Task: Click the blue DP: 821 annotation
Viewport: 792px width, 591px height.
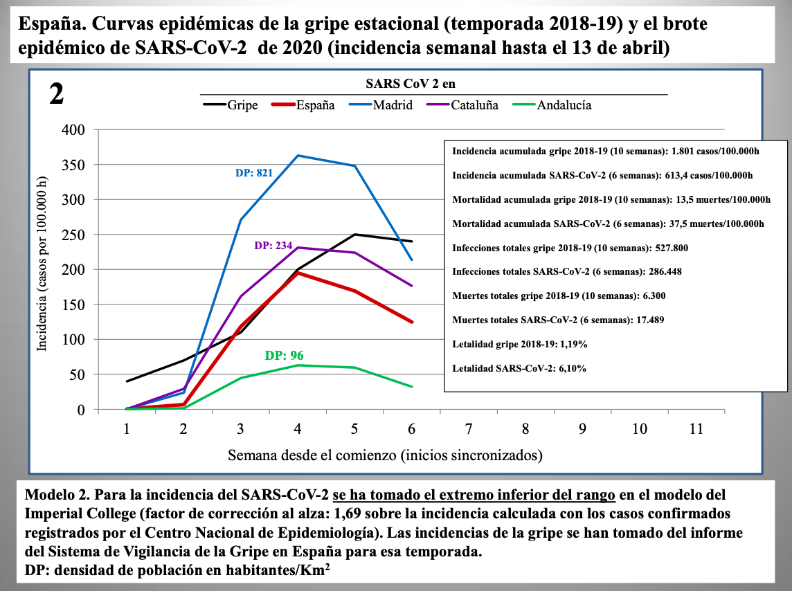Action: pyautogui.click(x=253, y=173)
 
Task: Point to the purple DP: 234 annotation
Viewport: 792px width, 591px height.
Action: pyautogui.click(x=273, y=246)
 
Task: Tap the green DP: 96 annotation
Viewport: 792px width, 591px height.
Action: pyautogui.click(x=284, y=356)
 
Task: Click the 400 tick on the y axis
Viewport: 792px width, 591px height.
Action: pyautogui.click(x=73, y=130)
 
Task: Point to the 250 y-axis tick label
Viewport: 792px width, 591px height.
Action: pyautogui.click(x=73, y=235)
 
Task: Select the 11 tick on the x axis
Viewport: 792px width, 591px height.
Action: pyautogui.click(x=696, y=429)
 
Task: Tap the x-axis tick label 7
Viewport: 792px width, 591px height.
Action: pyautogui.click(x=469, y=429)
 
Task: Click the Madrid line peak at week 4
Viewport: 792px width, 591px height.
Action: pyautogui.click(x=298, y=155)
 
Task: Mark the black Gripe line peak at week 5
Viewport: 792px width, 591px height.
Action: pyautogui.click(x=354, y=235)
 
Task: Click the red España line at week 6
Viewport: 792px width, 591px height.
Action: pyautogui.click(x=411, y=322)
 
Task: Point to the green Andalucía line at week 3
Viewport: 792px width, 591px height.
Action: pyautogui.click(x=241, y=378)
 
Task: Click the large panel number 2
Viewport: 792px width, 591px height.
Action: pyautogui.click(x=57, y=94)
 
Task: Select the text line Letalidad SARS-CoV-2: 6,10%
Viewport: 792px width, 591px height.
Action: pyautogui.click(x=519, y=368)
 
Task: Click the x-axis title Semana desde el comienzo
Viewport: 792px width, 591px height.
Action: pyautogui.click(x=385, y=455)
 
